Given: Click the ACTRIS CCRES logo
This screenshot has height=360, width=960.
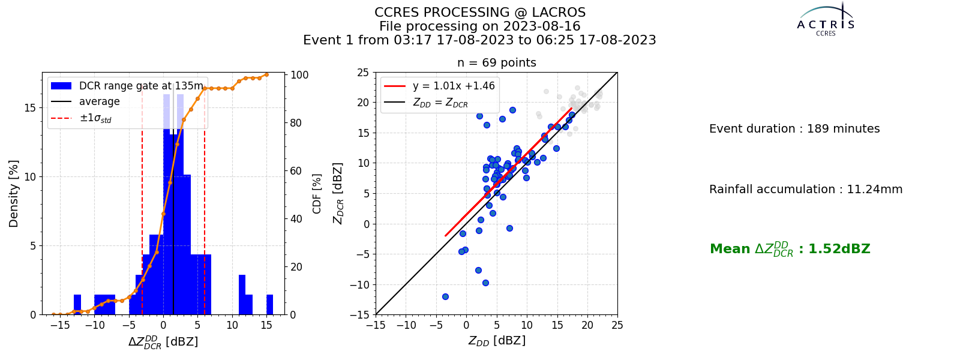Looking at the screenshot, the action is (826, 20).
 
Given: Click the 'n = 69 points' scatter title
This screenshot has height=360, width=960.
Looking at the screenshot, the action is (497, 63).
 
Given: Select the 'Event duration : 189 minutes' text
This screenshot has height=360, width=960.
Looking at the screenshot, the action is (794, 128).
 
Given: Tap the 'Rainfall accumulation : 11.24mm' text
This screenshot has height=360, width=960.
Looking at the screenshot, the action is (806, 189).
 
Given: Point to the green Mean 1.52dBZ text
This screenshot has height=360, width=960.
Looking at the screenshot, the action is (790, 249).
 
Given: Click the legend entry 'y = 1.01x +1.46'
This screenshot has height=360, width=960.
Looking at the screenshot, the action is (454, 86).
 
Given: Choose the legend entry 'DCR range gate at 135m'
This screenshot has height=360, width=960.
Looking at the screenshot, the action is (141, 86).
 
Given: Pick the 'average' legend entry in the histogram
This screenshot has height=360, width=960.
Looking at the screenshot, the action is (100, 101).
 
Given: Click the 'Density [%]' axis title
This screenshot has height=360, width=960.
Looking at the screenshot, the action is (14, 194).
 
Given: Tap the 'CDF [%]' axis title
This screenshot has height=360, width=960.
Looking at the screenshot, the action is (317, 194).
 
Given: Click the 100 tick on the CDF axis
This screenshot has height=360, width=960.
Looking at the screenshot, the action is (299, 75).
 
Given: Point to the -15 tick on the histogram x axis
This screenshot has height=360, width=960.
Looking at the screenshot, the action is (60, 325).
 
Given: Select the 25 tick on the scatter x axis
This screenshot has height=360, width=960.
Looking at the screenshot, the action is (617, 325).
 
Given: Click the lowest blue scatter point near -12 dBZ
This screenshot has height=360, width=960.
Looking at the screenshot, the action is (445, 296).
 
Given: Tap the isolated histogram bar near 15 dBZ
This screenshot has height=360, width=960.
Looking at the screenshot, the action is (269, 305).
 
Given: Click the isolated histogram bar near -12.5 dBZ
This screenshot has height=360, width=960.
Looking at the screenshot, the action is (77, 305).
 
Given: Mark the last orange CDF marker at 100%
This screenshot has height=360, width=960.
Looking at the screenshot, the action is (266, 74).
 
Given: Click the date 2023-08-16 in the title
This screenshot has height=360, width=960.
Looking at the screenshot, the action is (541, 26).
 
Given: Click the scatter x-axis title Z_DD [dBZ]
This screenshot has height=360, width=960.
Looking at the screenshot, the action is (497, 341).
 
